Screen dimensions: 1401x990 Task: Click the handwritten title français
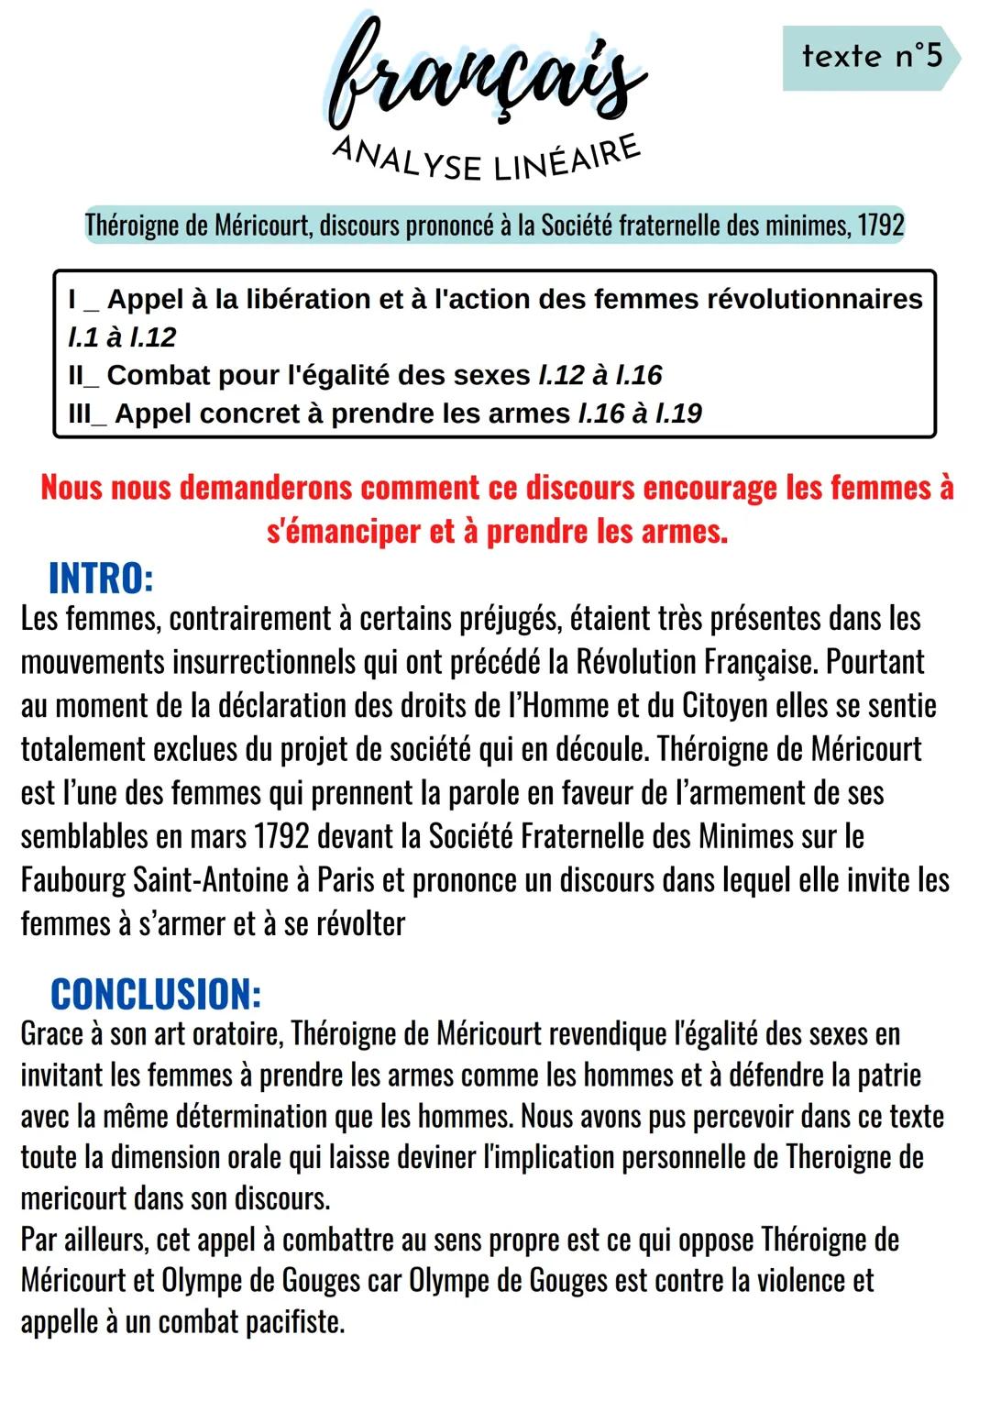pyautogui.click(x=487, y=78)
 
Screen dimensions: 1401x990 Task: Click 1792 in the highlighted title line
pyautogui.click(x=880, y=225)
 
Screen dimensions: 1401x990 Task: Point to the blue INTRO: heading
pyautogui.click(x=100, y=579)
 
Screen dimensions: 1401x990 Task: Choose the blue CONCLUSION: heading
pyautogui.click(x=156, y=994)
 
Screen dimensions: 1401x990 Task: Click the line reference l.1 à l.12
pyautogui.click(x=122, y=337)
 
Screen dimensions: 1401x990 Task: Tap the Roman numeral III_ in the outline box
pyautogui.click(x=87, y=414)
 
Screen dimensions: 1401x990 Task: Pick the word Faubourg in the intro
pyautogui.click(x=72, y=880)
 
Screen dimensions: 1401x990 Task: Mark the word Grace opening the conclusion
pyautogui.click(x=51, y=1034)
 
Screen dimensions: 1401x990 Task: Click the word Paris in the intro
pyautogui.click(x=345, y=880)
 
